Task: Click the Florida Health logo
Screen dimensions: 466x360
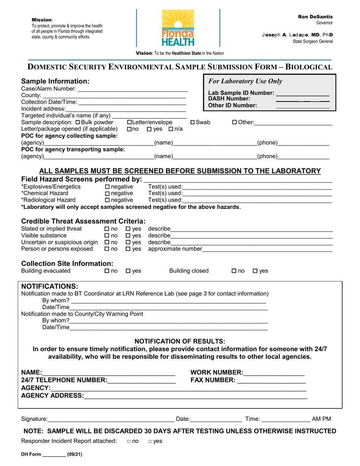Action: [178, 28]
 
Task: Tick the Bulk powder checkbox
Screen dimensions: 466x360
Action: [78, 122]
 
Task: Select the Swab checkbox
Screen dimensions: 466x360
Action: [193, 122]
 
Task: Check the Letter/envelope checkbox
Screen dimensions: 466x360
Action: [130, 122]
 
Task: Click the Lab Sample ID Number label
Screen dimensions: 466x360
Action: [241, 93]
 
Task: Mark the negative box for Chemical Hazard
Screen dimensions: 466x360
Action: [107, 194]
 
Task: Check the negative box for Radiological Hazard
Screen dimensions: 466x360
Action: [107, 200]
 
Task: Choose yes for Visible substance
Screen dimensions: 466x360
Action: [128, 236]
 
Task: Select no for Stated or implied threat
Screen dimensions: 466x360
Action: [106, 229]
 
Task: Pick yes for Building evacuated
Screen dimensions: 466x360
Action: [128, 271]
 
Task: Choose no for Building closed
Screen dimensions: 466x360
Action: [234, 271]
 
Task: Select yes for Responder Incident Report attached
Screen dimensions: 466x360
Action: [150, 441]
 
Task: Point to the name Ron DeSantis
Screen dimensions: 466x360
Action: [315, 17]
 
